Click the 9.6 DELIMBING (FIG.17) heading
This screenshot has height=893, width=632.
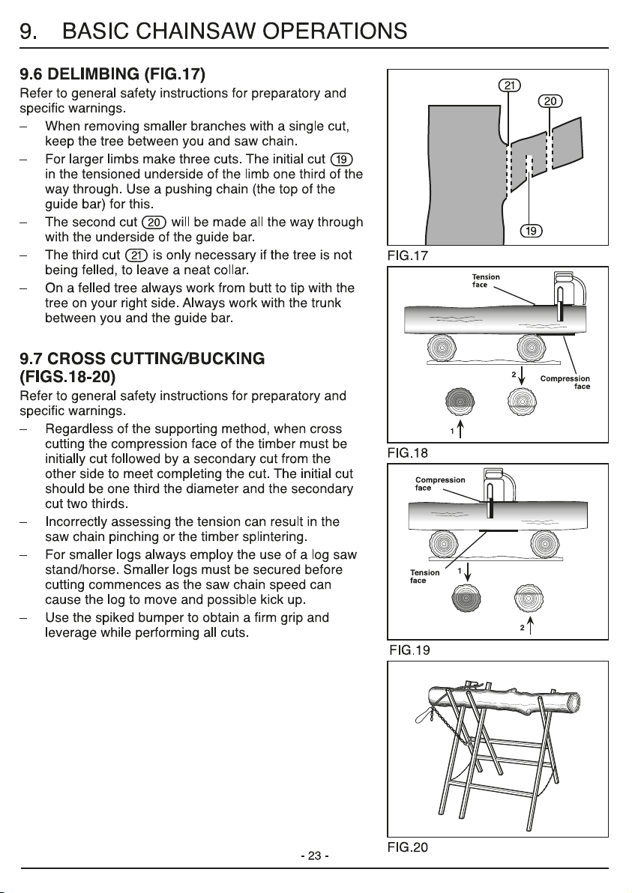click(112, 74)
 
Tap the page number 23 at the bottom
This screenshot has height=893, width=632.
click(315, 856)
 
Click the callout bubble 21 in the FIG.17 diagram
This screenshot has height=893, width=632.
click(510, 86)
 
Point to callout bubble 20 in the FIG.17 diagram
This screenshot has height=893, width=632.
click(550, 101)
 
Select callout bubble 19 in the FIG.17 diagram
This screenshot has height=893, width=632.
click(531, 231)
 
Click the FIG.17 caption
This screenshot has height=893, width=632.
click(408, 255)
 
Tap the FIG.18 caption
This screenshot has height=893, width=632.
click(408, 453)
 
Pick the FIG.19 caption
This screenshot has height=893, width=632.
click(410, 650)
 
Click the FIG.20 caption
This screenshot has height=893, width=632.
click(408, 847)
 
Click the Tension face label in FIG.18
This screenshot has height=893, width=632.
click(486, 281)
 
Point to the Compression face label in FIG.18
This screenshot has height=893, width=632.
click(565, 383)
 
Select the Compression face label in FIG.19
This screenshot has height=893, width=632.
click(440, 484)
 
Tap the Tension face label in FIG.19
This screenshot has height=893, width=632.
click(424, 576)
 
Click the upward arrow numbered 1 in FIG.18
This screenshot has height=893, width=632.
click(460, 431)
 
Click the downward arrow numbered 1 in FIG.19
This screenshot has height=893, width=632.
click(467, 572)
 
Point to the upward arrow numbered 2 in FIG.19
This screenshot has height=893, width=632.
click(530, 628)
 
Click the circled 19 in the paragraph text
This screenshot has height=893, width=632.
click(341, 160)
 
